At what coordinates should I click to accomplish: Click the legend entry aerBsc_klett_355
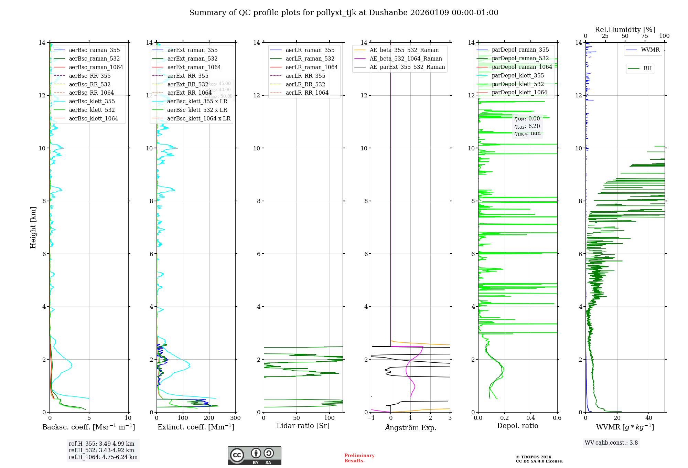[x=92, y=101]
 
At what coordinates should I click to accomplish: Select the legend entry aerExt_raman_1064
[x=194, y=67]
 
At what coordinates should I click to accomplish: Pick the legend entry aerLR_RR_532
[x=305, y=84]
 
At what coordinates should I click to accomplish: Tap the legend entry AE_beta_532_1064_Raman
[x=406, y=58]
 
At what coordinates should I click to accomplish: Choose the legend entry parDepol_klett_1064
[x=519, y=92]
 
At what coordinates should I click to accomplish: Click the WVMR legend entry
[x=650, y=50]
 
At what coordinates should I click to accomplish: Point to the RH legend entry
[x=647, y=68]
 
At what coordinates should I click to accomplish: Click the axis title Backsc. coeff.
[x=89, y=427]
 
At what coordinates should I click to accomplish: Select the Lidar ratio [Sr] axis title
[x=303, y=426]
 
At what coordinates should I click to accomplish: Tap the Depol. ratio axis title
[x=517, y=426]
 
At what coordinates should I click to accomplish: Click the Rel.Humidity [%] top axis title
[x=625, y=30]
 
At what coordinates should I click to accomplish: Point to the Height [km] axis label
[x=33, y=227]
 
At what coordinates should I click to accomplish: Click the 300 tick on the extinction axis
[x=235, y=418]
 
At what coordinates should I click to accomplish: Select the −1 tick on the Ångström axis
[x=371, y=418]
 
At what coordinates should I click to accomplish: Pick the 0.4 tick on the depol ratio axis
[x=531, y=418]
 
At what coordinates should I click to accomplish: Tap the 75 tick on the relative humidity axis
[x=644, y=36]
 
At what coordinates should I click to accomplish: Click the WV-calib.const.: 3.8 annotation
[x=611, y=443]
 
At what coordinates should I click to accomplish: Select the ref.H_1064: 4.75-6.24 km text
[x=103, y=457]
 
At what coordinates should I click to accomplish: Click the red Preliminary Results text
[x=359, y=458]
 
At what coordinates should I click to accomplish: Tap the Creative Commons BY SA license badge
[x=254, y=456]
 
